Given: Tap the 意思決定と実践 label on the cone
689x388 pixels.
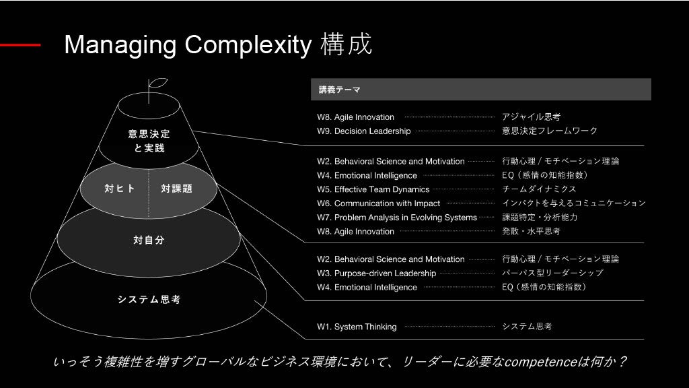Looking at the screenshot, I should [x=149, y=141].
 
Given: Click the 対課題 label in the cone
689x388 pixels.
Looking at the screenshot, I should [x=177, y=189].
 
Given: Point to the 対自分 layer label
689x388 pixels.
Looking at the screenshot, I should [x=149, y=239].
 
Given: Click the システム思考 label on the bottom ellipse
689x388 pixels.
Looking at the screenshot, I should [x=149, y=300].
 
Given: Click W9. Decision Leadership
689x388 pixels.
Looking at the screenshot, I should [x=363, y=131].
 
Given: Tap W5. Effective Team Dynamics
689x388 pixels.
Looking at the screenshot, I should [x=373, y=189].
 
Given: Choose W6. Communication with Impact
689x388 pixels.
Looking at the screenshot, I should [x=378, y=203].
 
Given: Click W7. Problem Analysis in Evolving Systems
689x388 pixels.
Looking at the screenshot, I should [x=397, y=218].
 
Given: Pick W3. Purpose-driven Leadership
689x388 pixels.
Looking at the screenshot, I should [x=376, y=273].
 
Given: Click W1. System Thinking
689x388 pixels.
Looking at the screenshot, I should [x=357, y=327].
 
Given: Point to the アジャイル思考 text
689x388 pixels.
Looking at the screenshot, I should [x=532, y=117].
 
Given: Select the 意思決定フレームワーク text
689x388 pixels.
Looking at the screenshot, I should [x=550, y=131].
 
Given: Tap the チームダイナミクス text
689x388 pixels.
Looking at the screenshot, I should [x=539, y=189].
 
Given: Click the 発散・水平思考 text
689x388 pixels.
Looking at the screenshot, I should [x=531, y=232].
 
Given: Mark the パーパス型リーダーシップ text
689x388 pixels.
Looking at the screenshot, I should [x=552, y=273].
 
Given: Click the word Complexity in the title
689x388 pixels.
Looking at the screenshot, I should [x=248, y=45].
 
